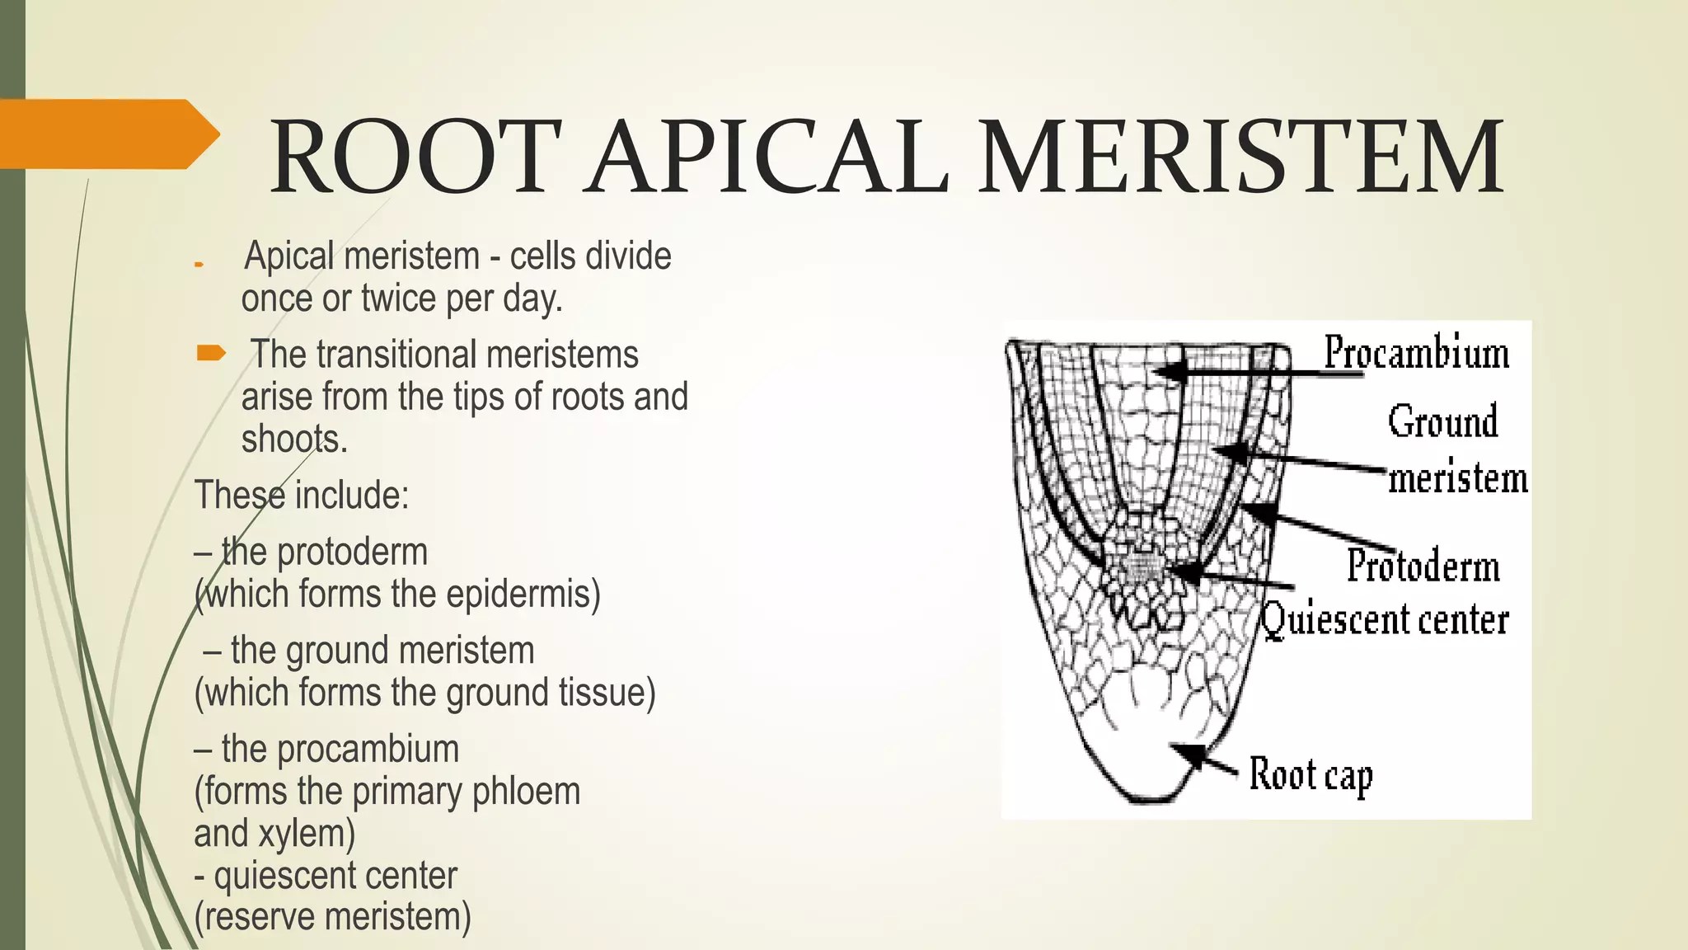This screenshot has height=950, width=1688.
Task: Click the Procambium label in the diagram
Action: click(1416, 352)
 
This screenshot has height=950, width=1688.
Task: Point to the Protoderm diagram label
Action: click(1423, 567)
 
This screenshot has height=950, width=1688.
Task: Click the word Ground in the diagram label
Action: click(1442, 421)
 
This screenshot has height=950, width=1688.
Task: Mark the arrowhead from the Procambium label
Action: click(1164, 371)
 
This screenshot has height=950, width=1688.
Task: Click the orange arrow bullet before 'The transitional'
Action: click(210, 355)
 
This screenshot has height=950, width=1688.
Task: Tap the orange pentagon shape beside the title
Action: click(107, 134)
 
